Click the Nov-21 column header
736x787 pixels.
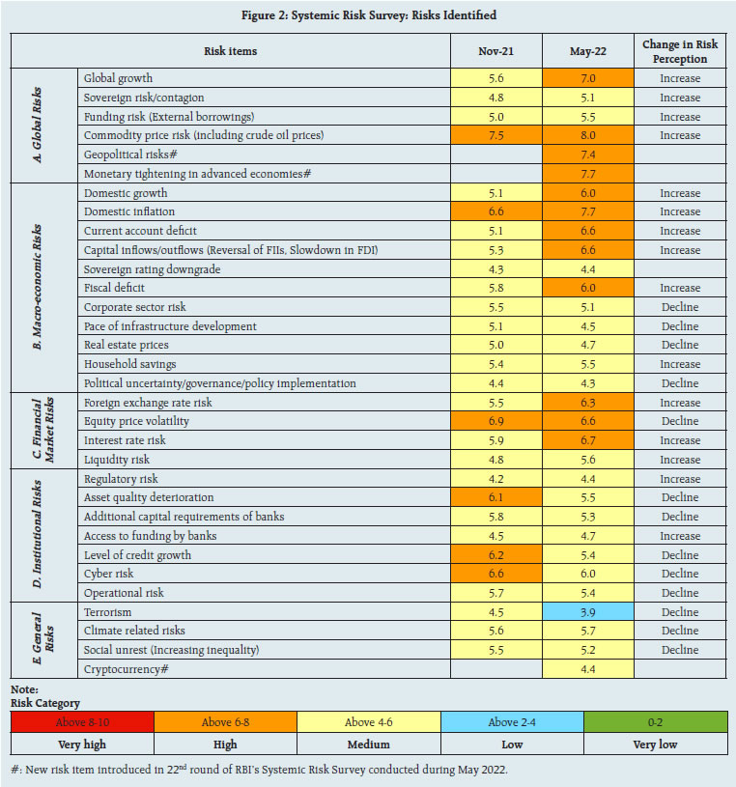[495, 51]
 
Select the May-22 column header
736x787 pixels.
[587, 51]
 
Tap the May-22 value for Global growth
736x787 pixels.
[587, 78]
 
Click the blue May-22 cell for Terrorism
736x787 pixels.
[587, 612]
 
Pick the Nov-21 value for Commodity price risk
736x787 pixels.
[495, 135]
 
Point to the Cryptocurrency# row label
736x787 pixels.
[122, 669]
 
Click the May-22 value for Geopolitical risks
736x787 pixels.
[587, 155]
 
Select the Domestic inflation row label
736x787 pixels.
[129, 211]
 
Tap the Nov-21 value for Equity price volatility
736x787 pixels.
[495, 421]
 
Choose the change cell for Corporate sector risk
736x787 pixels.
[679, 307]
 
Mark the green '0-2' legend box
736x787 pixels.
[655, 721]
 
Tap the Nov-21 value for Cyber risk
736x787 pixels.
[495, 574]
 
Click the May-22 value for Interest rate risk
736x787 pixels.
[587, 440]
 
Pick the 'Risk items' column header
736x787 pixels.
[231, 51]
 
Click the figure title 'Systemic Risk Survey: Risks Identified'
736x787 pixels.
[368, 15]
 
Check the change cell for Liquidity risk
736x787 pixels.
[679, 460]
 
